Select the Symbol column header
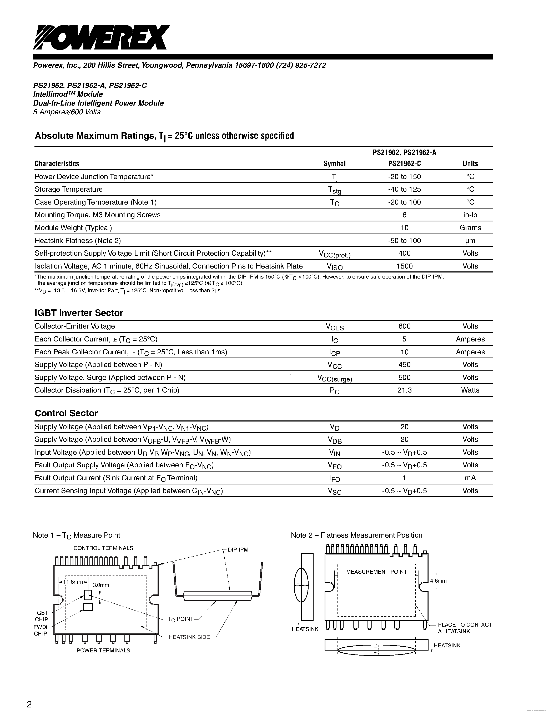tap(334, 163)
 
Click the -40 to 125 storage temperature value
tap(404, 189)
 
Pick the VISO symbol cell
tap(334, 266)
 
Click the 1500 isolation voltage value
tap(404, 266)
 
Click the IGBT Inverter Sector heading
tap(79, 313)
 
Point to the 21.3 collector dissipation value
tap(404, 390)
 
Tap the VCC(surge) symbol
tap(334, 378)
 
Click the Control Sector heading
tap(66, 413)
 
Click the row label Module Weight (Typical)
tap(73, 228)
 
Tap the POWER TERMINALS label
tap(103, 650)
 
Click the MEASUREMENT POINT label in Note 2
tap(376, 572)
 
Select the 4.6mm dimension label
tap(438, 581)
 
